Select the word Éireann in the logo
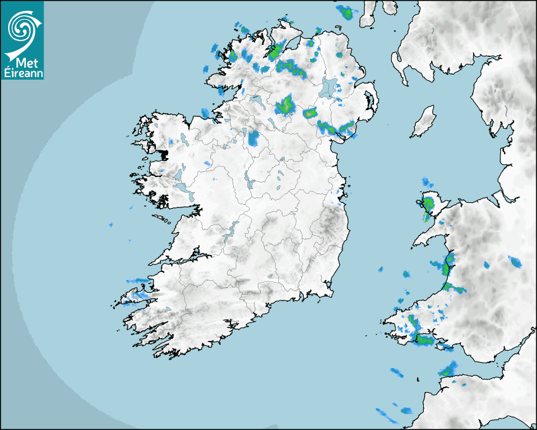22,73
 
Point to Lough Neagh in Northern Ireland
329,87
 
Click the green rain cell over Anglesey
428,205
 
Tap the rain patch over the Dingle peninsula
138,292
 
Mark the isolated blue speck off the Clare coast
111,224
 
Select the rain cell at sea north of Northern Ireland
346,11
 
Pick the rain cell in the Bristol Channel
449,369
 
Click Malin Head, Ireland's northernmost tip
292,23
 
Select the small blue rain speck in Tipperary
270,276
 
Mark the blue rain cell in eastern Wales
516,261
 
